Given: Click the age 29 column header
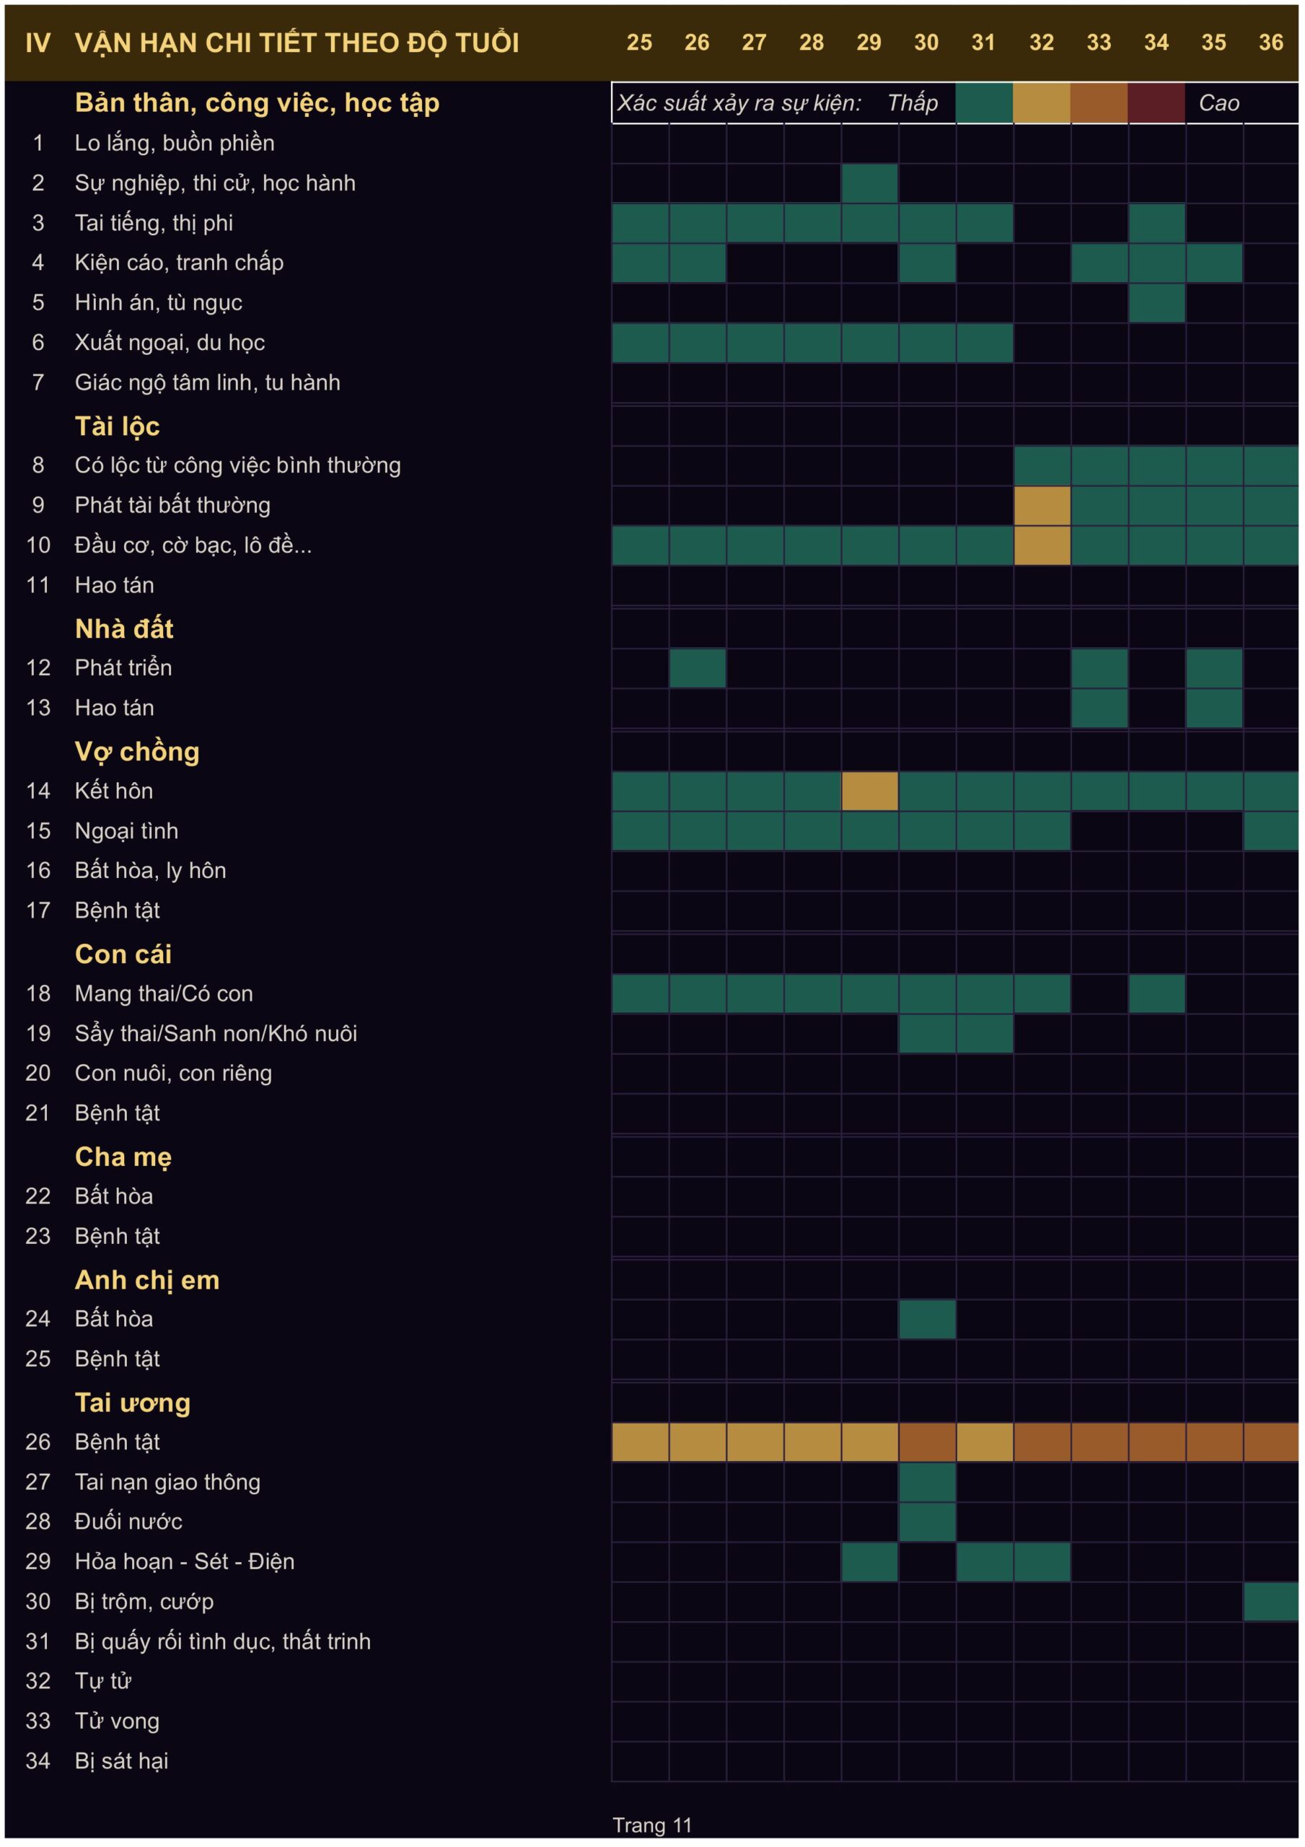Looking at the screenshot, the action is coord(869,43).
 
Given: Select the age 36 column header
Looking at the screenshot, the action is coord(1271,43).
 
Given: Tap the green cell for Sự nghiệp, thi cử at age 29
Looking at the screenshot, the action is coord(870,183).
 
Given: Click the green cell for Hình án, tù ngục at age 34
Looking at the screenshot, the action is coord(1157,302).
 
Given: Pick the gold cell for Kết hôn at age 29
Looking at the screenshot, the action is coord(870,791).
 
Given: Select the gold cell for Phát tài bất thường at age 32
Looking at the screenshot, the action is coord(1042,505).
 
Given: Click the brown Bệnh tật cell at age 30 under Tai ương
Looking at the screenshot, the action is coord(928,1442).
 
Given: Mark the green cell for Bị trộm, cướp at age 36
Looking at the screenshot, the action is coord(1271,1601).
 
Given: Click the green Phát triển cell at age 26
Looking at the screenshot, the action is coord(698,667).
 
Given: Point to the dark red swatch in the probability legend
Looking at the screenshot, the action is coord(1157,103).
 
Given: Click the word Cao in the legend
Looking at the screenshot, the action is coord(1219,103).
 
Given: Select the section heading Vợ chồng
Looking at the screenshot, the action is coord(137,751).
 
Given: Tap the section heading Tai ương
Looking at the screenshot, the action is coord(133,1403).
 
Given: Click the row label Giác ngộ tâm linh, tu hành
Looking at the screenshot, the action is coord(208,383).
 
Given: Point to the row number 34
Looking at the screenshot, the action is coord(38,1760).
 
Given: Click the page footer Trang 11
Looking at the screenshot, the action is coord(652,1825).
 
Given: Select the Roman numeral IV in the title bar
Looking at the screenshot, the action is coord(38,43).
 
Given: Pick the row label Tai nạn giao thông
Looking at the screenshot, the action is coord(167,1482).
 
